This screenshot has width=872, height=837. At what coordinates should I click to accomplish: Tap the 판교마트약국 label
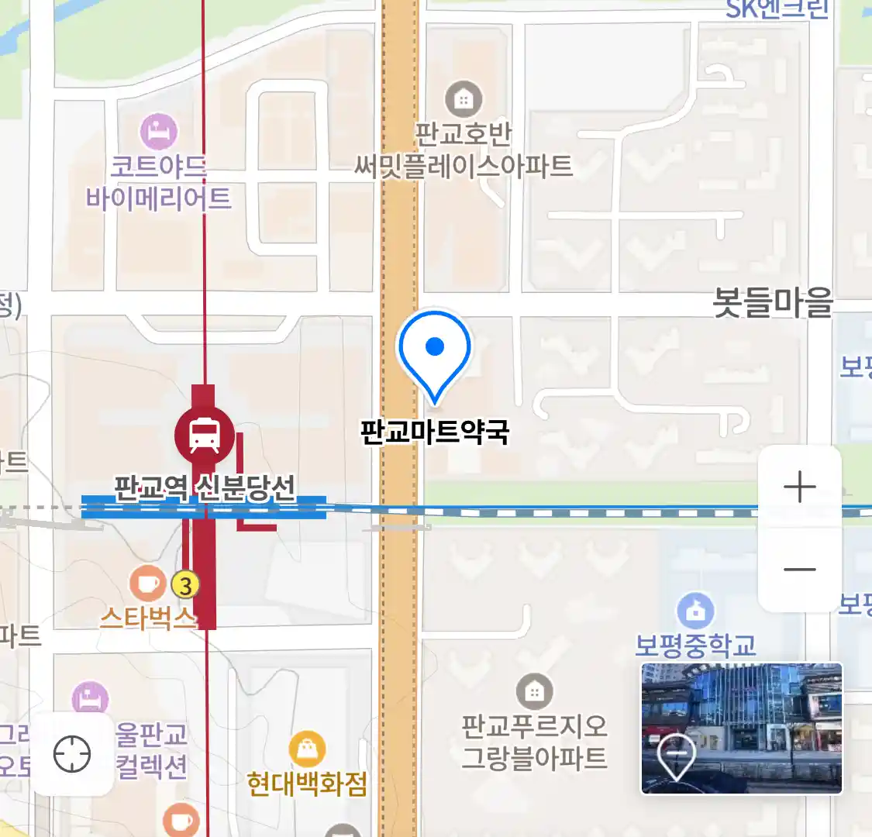[x=435, y=432]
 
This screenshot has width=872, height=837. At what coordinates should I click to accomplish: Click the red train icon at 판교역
[x=204, y=434]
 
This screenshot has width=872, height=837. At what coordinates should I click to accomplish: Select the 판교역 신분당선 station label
[x=205, y=488]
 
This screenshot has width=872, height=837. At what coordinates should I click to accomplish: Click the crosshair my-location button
[x=72, y=754]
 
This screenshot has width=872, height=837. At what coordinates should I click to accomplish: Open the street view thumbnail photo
[x=741, y=728]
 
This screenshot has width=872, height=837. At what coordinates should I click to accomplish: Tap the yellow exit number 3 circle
[x=185, y=584]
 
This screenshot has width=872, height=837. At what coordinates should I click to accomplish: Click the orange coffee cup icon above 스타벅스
[x=147, y=584]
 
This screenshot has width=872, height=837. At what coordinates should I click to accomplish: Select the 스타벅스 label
[x=147, y=618]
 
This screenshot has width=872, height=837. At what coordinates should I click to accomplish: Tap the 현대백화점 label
[x=307, y=784]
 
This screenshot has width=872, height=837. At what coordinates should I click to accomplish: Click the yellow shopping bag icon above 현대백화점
[x=307, y=749]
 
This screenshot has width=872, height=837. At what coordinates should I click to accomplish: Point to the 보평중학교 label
[x=695, y=645]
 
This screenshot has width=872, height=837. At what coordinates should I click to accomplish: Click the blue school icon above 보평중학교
[x=695, y=611]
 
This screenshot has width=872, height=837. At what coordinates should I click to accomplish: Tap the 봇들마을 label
[x=772, y=302]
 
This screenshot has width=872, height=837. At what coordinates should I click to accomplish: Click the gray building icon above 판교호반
[x=464, y=99]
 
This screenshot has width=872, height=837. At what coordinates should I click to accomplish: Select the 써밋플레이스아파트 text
[x=464, y=166]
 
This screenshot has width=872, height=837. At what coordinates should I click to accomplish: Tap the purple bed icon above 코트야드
[x=159, y=132]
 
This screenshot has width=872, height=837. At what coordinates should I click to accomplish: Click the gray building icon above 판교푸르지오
[x=534, y=691]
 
